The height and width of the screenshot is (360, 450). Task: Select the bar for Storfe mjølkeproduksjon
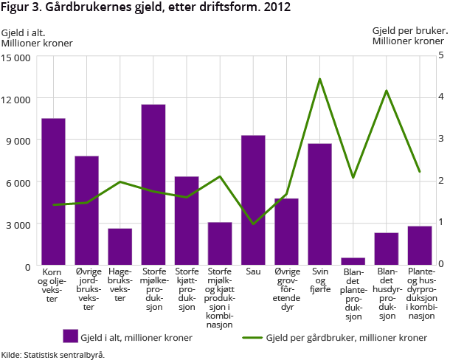coord(153,184)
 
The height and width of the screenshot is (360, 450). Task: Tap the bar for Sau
coord(253,199)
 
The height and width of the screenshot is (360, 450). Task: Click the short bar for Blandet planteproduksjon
coord(353,260)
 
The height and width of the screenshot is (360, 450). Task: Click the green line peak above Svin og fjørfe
coord(319,79)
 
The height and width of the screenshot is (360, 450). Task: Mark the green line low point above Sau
coord(253,224)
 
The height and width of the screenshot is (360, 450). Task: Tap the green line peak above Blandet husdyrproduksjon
coord(387,91)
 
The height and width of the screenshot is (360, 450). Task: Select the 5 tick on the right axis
coord(440,55)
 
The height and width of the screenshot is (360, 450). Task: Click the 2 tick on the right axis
coord(440,180)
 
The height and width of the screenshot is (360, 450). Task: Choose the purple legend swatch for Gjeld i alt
coord(72,336)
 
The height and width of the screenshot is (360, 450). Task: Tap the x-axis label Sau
coord(253,271)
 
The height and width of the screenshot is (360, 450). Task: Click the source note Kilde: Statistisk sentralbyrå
coord(53,354)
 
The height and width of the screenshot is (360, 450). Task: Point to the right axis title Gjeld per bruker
coord(409,31)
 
